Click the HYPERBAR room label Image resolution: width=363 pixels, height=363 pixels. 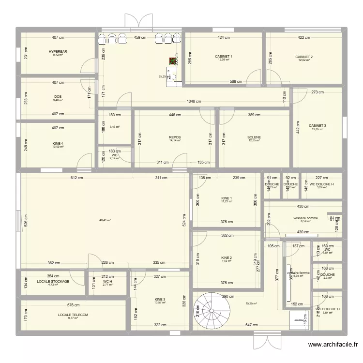(x=58, y=51)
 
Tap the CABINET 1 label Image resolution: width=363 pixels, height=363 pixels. (x=224, y=57)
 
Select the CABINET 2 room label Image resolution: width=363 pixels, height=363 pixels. (x=304, y=57)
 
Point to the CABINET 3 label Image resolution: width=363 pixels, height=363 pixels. (x=318, y=126)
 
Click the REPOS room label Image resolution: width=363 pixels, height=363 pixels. (x=175, y=137)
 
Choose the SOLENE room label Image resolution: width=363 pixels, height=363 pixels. (x=254, y=137)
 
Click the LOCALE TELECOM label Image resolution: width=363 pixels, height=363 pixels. (x=73, y=315)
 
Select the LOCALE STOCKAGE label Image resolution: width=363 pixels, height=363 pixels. (x=53, y=281)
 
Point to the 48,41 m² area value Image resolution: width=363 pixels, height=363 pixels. (x=105, y=220)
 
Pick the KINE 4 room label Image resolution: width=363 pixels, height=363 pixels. (x=58, y=144)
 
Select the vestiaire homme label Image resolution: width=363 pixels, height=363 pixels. (x=305, y=218)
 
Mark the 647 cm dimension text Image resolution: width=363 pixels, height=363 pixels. (x=251, y=325)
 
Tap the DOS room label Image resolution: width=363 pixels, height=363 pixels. (x=58, y=97)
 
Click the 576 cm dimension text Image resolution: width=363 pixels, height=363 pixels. (x=73, y=305)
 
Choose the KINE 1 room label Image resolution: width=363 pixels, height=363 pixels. (x=227, y=198)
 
